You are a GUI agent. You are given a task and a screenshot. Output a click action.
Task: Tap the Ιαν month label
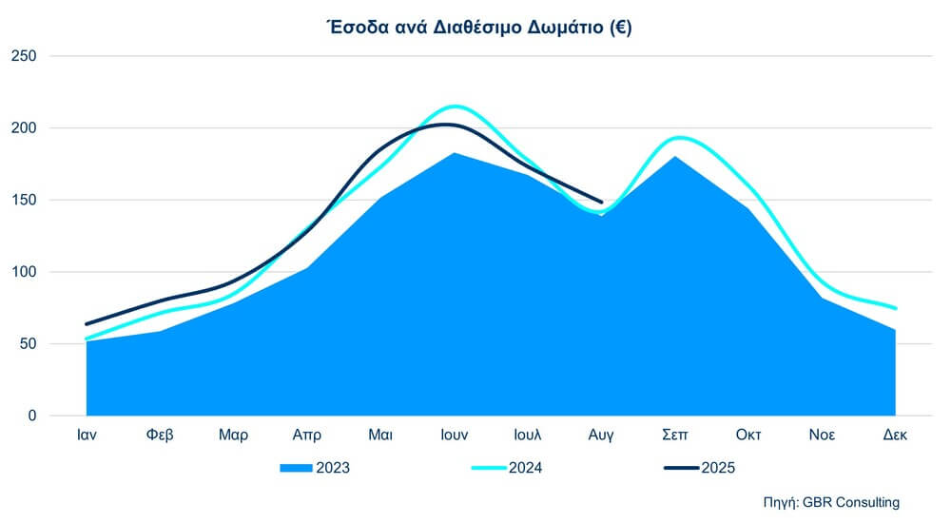pos(87,436)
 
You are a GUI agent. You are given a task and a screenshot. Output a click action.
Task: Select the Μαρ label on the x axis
pos(233,436)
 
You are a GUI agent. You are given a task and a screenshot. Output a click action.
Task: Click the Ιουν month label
pos(455,436)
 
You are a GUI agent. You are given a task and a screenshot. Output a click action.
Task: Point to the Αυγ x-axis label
pos(601,436)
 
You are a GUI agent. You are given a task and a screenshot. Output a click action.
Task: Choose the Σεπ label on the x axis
pos(675,436)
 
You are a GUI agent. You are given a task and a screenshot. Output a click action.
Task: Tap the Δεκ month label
pos(896,436)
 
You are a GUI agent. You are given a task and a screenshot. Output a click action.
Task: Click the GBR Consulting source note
pos(831,501)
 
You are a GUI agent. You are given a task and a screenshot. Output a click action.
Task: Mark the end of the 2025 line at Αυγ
pos(601,202)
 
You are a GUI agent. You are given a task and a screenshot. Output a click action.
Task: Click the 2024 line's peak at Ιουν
pos(455,106)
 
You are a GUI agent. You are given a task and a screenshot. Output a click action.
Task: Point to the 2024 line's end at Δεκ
pos(896,308)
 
